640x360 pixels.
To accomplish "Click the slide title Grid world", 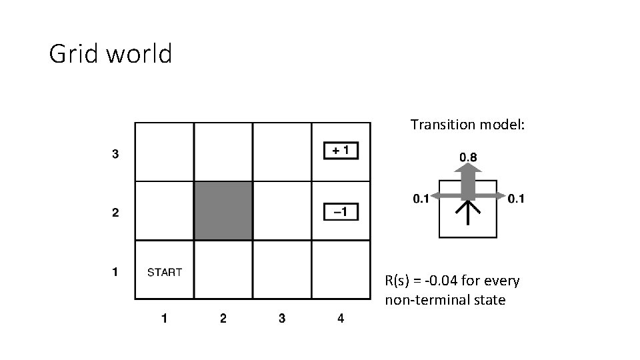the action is (111, 53).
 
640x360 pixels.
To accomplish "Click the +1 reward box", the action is (340, 151).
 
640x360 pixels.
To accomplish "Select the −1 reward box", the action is (340, 212).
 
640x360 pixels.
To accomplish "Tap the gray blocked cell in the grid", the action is (223, 211).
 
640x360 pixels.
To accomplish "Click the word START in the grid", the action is (164, 272).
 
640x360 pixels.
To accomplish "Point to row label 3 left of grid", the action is (115, 154).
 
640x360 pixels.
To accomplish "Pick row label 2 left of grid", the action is (115, 213).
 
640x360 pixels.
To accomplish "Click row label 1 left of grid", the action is (115, 272).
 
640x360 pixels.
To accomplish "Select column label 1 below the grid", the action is (164, 319).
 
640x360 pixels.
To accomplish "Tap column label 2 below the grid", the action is (223, 319).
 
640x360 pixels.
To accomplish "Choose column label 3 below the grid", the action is (281, 319).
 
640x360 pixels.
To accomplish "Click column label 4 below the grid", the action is (341, 319).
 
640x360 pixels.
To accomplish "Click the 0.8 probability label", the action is (468, 157).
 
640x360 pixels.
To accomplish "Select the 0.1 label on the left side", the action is (421, 199).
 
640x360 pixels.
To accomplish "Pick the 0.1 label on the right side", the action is (516, 199).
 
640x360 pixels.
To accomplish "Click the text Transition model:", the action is (467, 125).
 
